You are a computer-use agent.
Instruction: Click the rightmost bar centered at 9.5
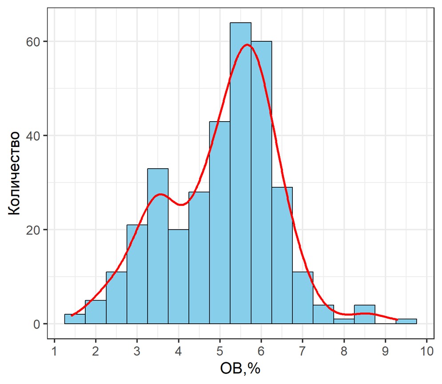click(x=406, y=321)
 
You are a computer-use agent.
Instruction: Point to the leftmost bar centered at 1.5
click(x=75, y=319)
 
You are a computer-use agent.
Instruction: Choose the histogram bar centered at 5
click(x=220, y=222)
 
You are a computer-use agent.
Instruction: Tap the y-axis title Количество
click(x=14, y=173)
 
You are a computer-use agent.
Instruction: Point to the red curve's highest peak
click(x=247, y=44)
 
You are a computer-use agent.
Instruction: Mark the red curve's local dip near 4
click(x=180, y=205)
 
